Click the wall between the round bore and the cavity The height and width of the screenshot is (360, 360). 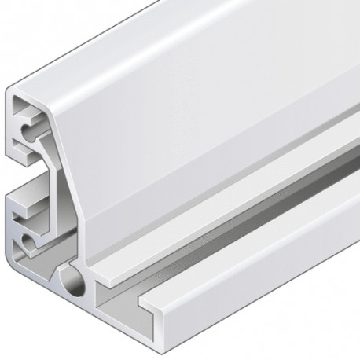point(90,295)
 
